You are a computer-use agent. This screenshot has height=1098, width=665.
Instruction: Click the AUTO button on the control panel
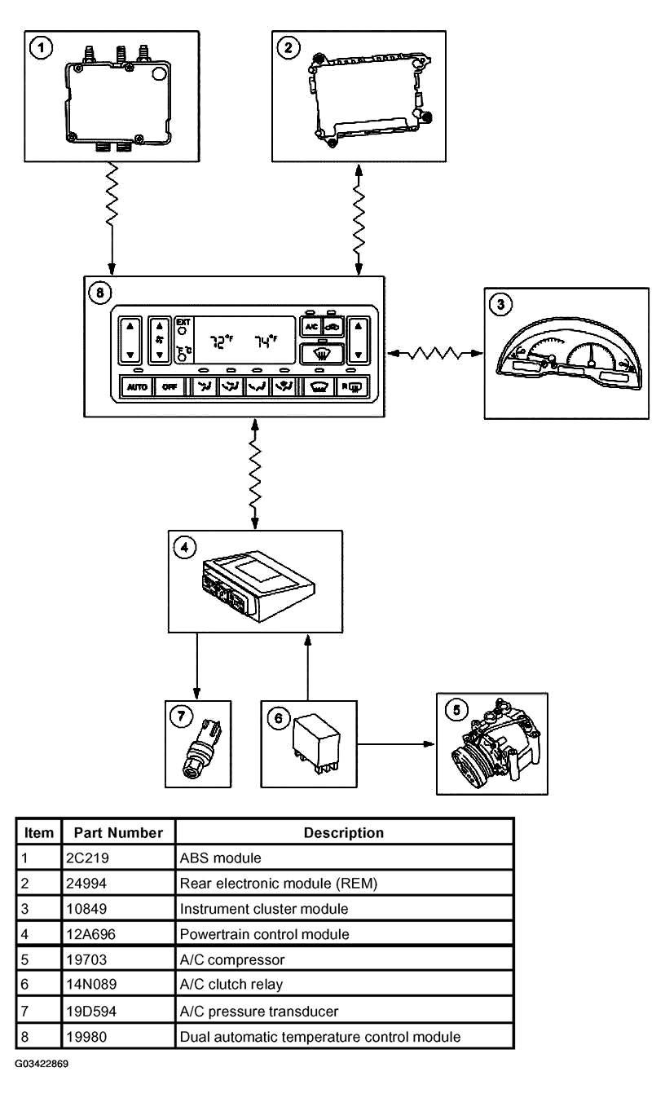(137, 386)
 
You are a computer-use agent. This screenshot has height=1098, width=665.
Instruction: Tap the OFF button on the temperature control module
(170, 386)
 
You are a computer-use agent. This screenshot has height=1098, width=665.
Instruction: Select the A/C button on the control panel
(311, 327)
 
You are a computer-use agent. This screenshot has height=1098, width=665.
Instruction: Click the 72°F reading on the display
(222, 342)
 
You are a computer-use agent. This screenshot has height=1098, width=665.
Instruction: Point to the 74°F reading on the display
(266, 342)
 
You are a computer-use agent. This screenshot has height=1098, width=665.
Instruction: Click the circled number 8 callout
(99, 293)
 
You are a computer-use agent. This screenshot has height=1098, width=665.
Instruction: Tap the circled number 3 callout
(500, 304)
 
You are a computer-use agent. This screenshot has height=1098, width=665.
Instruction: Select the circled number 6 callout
(279, 719)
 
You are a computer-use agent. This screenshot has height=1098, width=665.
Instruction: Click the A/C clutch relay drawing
(316, 744)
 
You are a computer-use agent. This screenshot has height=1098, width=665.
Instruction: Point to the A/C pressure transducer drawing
(202, 748)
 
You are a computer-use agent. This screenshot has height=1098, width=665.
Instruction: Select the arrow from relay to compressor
(396, 744)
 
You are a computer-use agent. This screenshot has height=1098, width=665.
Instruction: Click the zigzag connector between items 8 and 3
(434, 353)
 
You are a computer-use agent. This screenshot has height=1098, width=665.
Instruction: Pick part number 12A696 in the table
(90, 934)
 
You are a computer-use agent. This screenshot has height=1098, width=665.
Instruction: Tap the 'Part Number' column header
(118, 833)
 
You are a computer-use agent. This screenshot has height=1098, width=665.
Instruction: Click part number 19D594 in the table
(91, 1012)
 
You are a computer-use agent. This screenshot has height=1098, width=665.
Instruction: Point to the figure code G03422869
(42, 1064)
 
